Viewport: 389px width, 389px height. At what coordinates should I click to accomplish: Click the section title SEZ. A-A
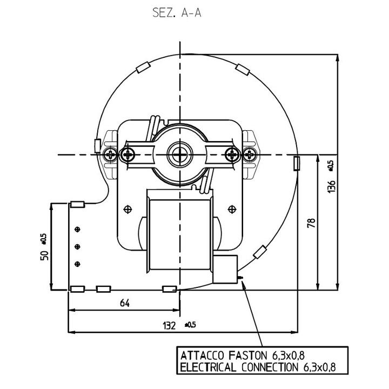tap(177, 12)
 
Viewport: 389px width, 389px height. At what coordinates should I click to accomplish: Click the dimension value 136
tap(331, 186)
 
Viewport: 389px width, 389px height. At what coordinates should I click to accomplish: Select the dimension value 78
tap(311, 223)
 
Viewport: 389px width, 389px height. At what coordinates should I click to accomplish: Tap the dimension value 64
tap(125, 303)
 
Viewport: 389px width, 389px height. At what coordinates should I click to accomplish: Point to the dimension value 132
tap(169, 325)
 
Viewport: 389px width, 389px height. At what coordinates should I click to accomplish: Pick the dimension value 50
tap(44, 255)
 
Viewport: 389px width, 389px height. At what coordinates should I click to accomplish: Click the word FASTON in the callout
tap(247, 356)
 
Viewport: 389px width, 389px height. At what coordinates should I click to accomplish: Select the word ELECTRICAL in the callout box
tap(208, 367)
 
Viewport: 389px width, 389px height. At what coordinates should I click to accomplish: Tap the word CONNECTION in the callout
tap(270, 367)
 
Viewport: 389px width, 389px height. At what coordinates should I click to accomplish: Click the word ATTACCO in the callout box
tap(202, 356)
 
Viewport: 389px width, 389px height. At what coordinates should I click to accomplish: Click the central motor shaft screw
tap(179, 155)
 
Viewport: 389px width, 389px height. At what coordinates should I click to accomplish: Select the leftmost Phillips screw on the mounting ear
tap(110, 155)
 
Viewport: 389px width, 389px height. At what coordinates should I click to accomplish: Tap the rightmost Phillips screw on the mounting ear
tap(249, 155)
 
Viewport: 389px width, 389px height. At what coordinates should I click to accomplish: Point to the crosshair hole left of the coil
tap(128, 210)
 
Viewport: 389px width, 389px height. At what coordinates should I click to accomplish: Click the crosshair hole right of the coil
tap(232, 210)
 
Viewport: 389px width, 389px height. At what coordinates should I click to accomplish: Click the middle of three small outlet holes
tap(77, 246)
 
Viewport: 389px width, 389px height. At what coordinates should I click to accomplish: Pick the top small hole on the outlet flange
tap(77, 229)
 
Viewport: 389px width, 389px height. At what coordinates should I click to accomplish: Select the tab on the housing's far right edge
tap(297, 163)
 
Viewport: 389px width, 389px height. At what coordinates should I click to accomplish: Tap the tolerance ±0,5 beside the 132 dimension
tap(190, 325)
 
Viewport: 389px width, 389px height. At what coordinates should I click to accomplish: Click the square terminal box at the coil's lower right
tap(225, 269)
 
